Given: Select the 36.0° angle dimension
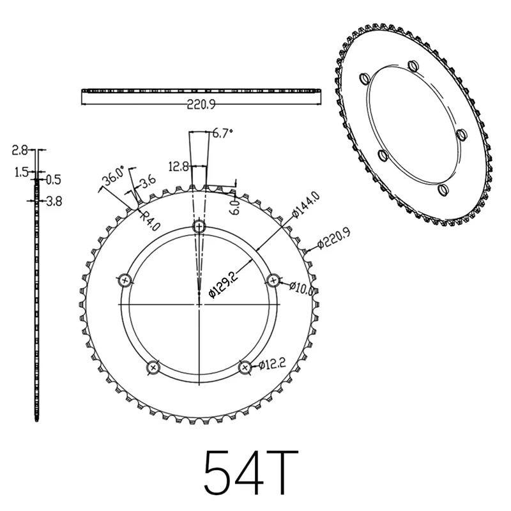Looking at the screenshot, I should tap(115, 177).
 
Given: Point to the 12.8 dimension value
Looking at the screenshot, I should tap(178, 167).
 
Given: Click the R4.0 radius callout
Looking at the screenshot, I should tap(148, 220).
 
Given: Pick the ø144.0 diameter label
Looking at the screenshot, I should tap(305, 206).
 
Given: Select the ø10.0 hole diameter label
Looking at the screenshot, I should tap(301, 287).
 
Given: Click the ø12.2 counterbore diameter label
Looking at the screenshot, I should tap(271, 366).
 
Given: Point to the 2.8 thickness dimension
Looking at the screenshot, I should tap(20, 151).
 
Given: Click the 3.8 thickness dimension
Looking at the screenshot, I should tap(54, 201).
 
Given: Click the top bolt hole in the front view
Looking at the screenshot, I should tap(200, 227).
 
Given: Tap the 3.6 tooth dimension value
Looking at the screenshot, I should tap(148, 182).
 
